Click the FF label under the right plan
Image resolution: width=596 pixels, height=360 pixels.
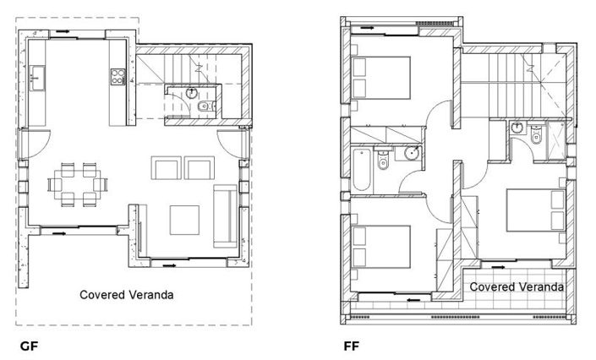(x=351, y=346)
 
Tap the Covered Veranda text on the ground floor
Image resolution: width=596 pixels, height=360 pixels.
(x=128, y=295)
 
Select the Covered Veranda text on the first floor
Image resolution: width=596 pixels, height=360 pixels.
(x=517, y=286)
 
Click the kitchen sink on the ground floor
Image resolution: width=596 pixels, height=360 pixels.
(x=36, y=81)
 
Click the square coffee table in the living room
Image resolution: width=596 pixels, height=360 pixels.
(x=185, y=220)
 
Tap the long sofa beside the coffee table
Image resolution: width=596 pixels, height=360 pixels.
(x=226, y=215)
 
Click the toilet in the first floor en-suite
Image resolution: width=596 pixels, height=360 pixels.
(x=534, y=134)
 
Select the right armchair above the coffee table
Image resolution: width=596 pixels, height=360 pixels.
(x=200, y=167)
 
